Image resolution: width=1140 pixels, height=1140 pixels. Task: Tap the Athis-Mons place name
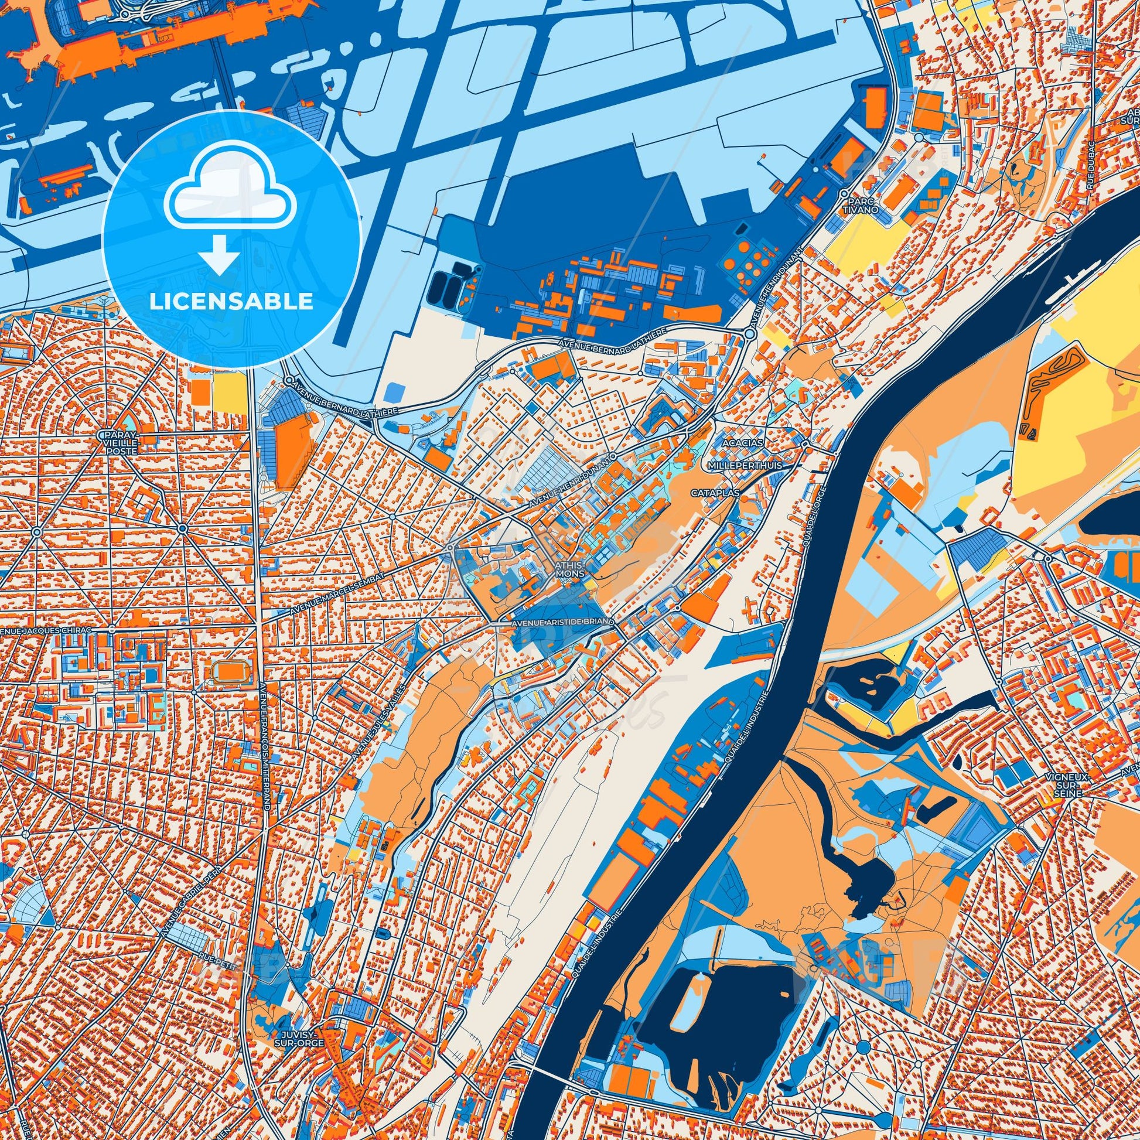(569, 569)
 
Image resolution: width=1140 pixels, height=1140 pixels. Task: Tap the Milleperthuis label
(745, 466)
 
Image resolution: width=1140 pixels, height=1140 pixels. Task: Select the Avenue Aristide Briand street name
(564, 623)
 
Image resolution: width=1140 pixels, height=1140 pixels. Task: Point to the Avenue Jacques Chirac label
(47, 631)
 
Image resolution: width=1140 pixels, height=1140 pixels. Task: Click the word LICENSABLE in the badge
(231, 302)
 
